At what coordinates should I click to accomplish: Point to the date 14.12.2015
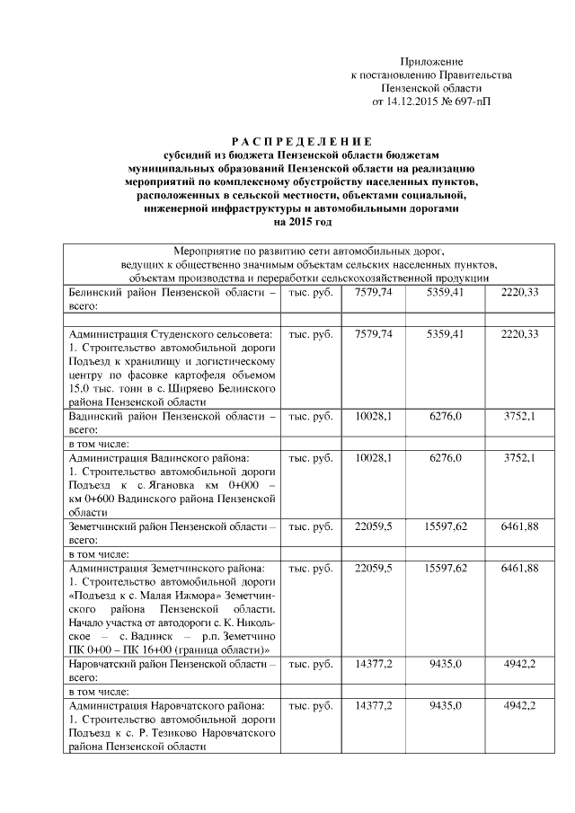pos(412,102)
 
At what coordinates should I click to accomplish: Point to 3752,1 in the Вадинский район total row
pos(519,417)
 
